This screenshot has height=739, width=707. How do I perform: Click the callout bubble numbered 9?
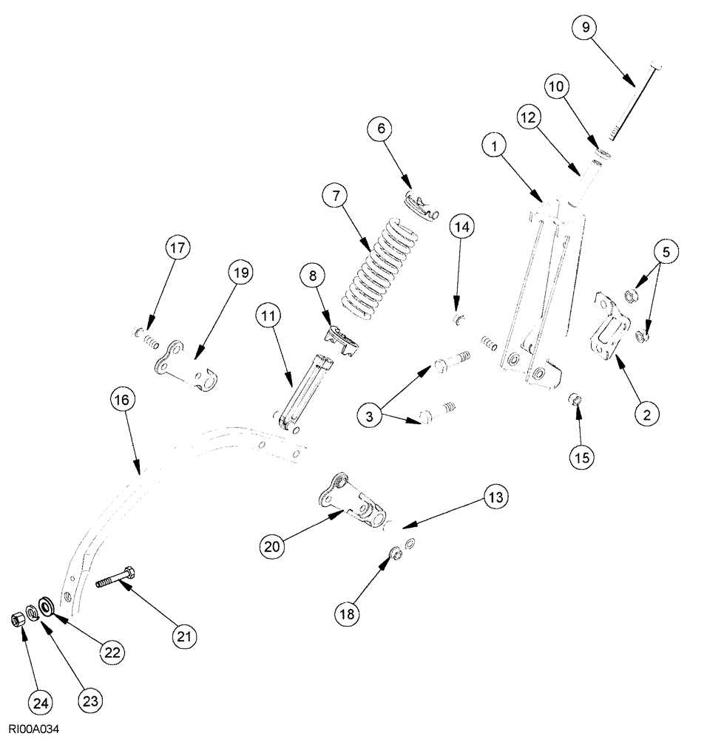[x=585, y=29]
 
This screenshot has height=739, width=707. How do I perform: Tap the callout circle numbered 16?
[x=123, y=400]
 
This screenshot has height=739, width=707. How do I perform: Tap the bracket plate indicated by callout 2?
[x=609, y=328]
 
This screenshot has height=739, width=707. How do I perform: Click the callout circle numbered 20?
[x=273, y=547]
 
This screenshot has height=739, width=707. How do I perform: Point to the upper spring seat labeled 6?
[x=419, y=206]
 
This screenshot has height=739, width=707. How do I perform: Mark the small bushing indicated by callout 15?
[x=574, y=401]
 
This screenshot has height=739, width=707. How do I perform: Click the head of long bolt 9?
[x=656, y=64]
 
